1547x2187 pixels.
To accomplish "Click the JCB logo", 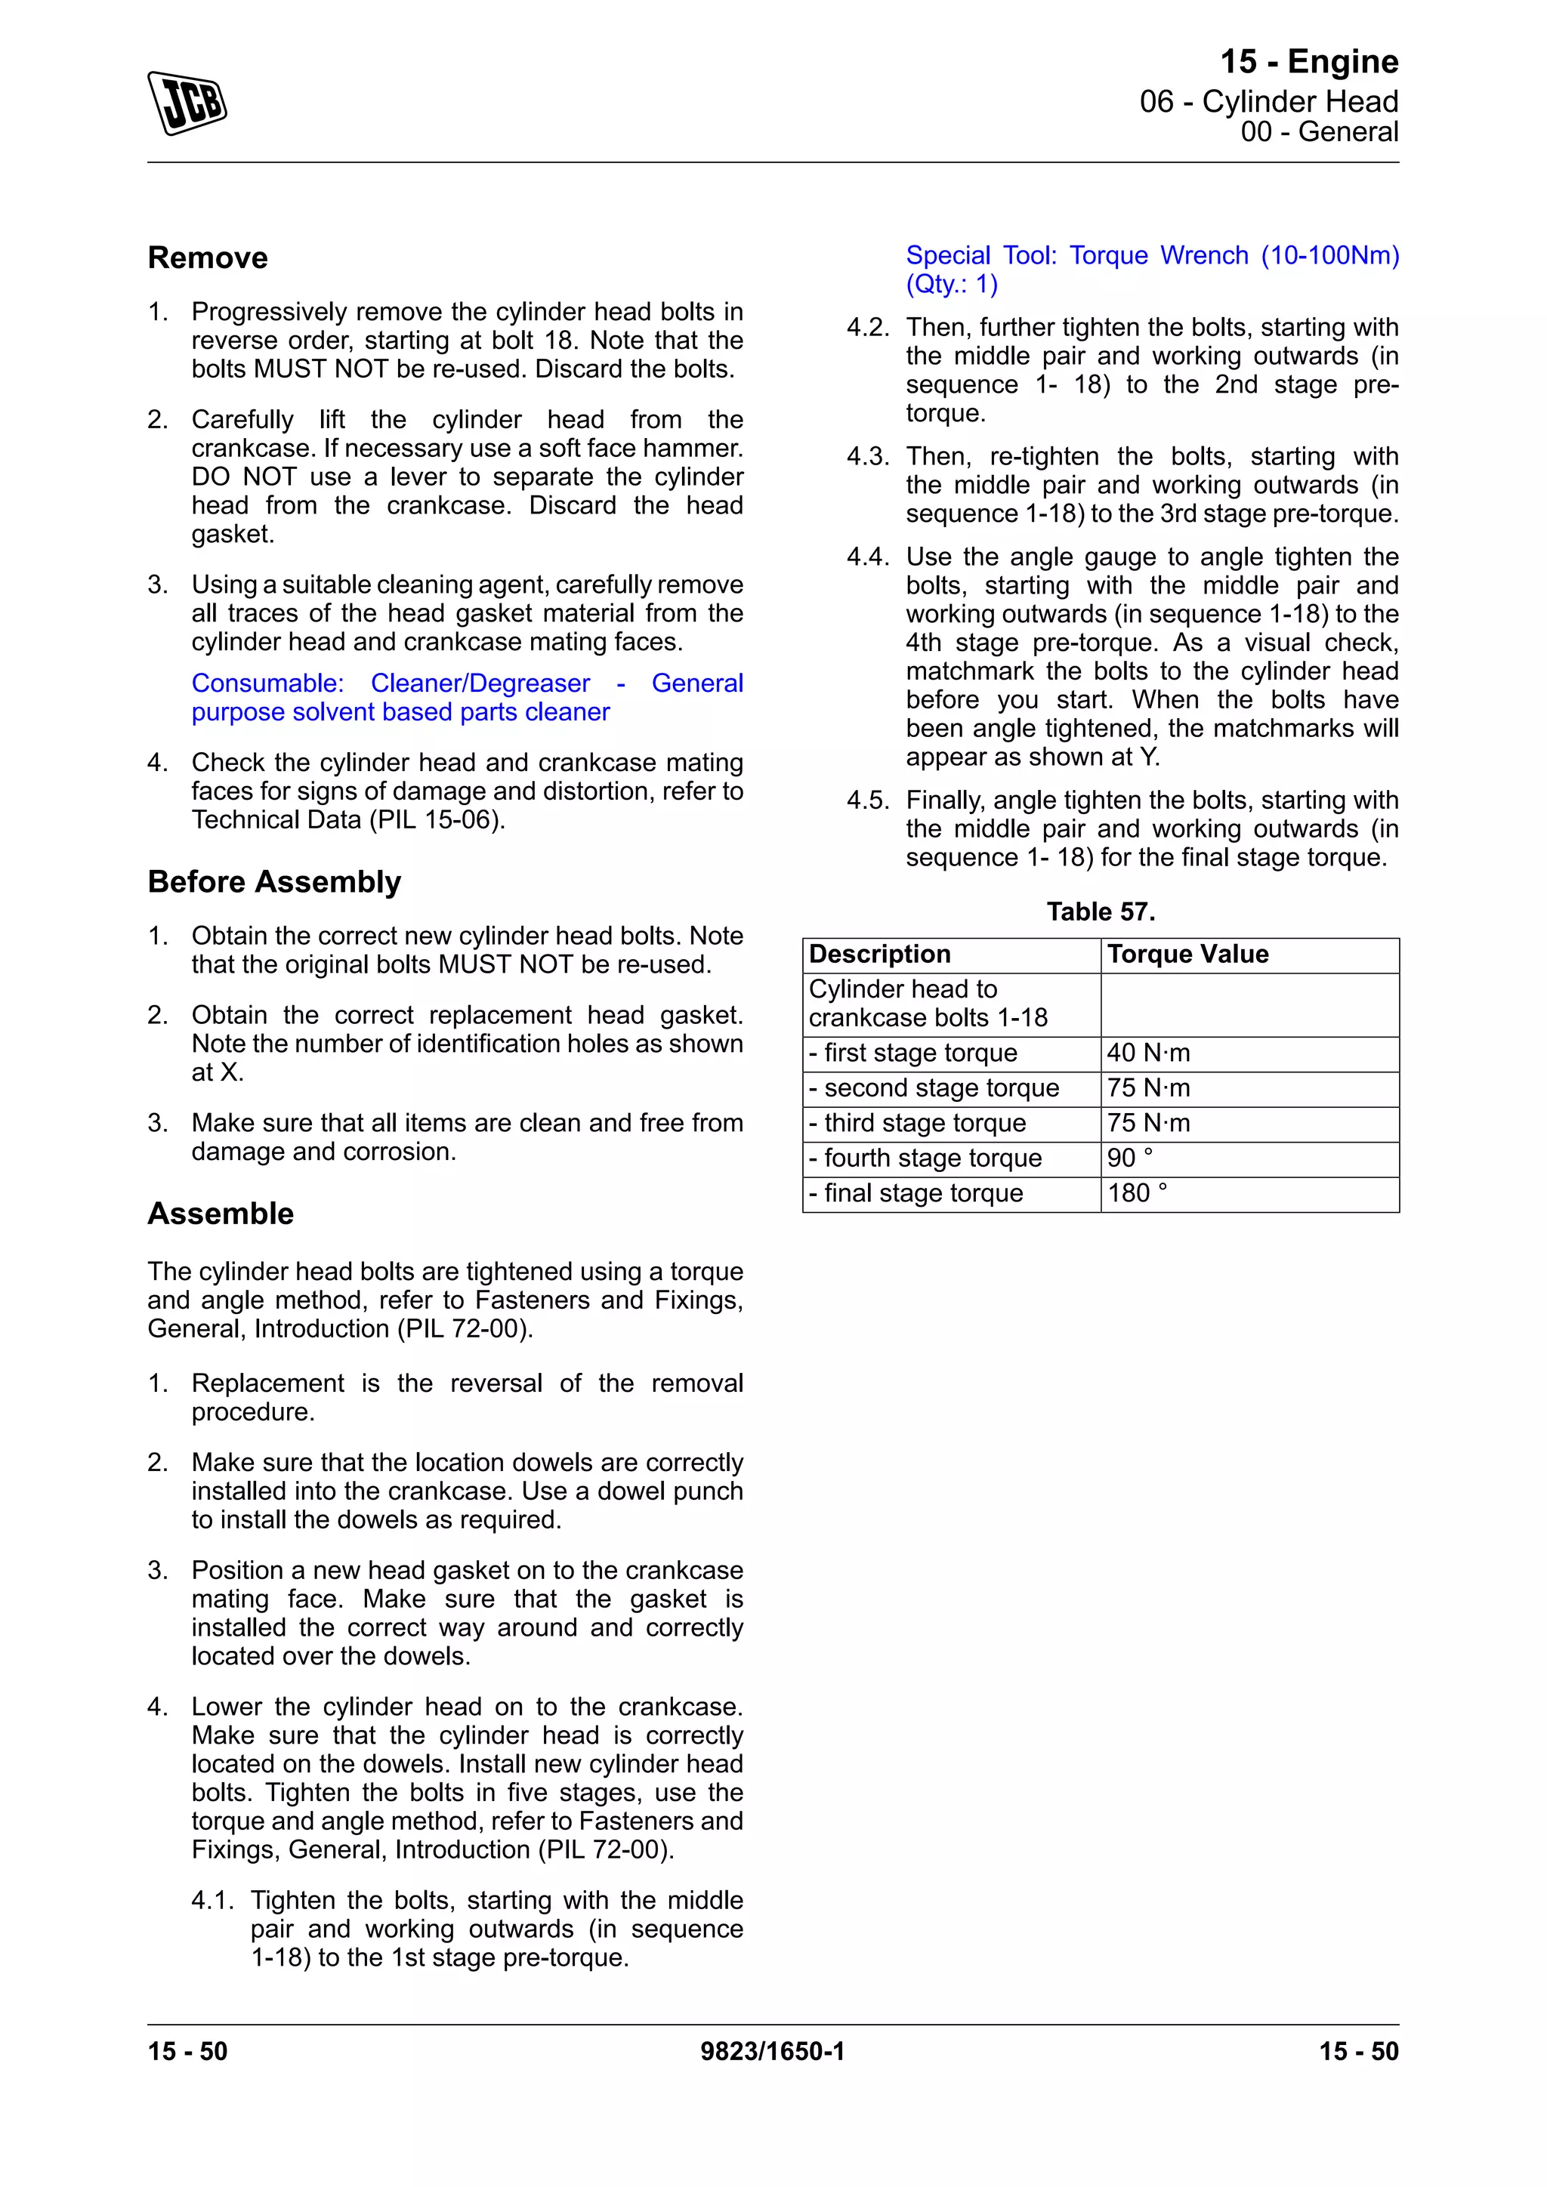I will click(x=187, y=103).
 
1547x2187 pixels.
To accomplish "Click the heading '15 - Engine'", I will click(x=1309, y=62).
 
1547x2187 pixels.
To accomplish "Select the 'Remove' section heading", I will click(x=208, y=258).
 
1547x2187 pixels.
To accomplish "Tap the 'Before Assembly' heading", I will click(x=274, y=882).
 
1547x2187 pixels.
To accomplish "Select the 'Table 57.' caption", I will click(x=1101, y=912).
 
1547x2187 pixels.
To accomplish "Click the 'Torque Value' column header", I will click(x=1188, y=955).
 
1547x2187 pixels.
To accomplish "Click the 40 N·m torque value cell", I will click(x=1148, y=1053).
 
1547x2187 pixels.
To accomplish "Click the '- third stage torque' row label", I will click(x=917, y=1123).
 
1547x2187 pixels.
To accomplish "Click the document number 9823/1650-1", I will click(x=773, y=2052).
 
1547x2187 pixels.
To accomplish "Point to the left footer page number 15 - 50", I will click(x=187, y=2052).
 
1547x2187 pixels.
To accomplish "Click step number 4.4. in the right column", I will click(x=868, y=557).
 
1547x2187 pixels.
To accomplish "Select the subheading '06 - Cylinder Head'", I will click(x=1268, y=102).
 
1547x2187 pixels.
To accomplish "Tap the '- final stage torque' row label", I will click(x=916, y=1193).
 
